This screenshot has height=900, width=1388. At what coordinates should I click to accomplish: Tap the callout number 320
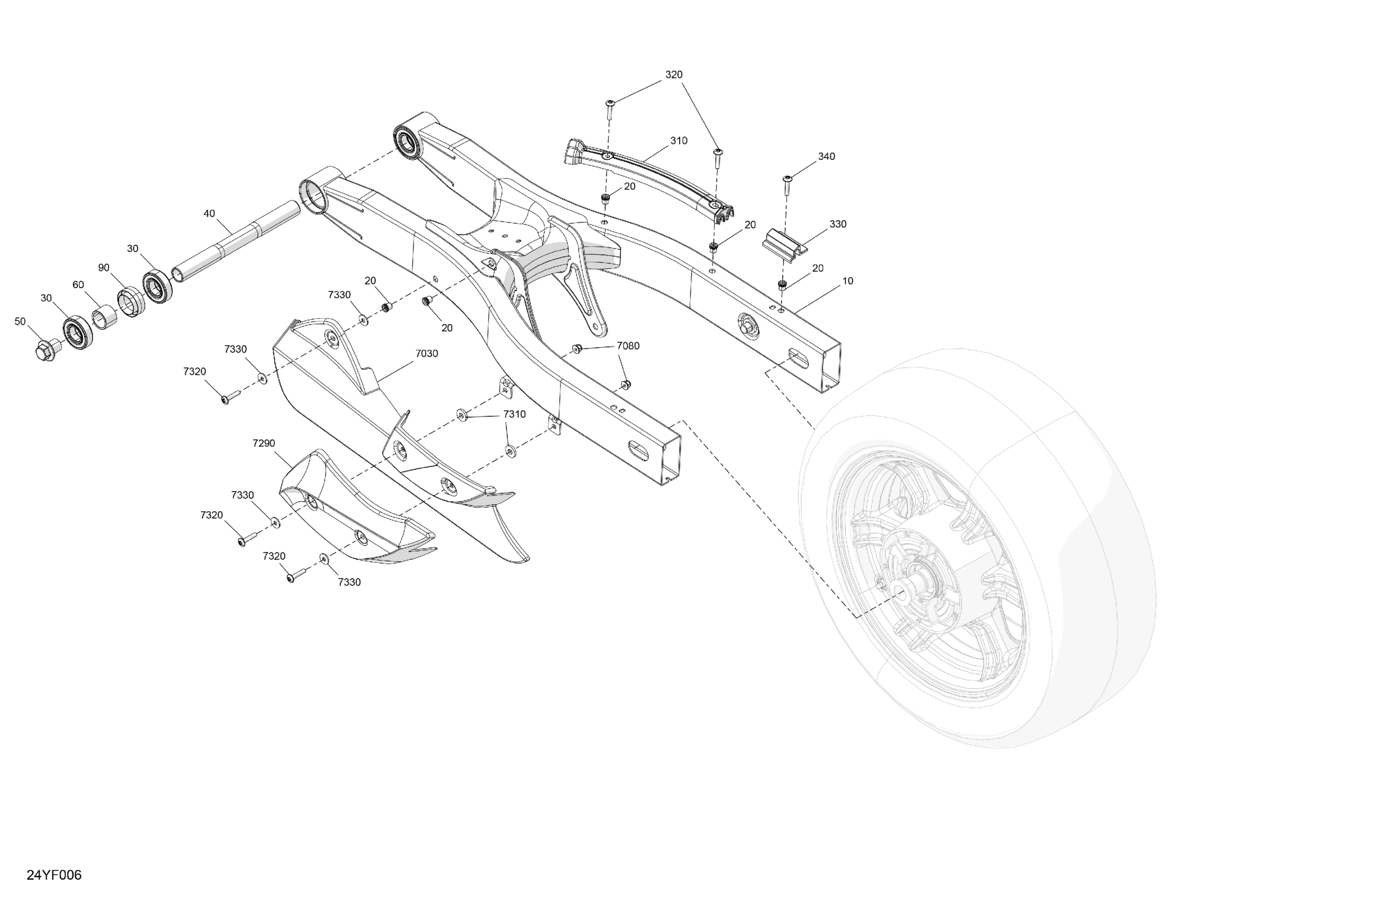point(673,75)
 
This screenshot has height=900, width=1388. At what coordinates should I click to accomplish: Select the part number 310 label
point(678,141)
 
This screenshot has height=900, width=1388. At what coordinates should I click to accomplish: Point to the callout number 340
point(826,156)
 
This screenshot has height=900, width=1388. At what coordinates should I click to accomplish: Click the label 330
point(837,224)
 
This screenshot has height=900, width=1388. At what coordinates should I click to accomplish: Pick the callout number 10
point(848,281)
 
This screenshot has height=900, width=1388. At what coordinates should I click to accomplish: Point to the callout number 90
point(103,268)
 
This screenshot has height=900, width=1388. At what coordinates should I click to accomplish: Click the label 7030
point(426,354)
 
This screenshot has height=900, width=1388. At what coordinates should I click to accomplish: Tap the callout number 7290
point(264,443)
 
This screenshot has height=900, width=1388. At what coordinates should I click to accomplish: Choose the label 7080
point(628,346)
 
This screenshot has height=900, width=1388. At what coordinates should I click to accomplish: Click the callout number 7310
point(515,414)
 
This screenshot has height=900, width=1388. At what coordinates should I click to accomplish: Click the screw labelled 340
point(787,184)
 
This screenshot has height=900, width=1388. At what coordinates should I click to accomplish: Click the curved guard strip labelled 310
point(647,175)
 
